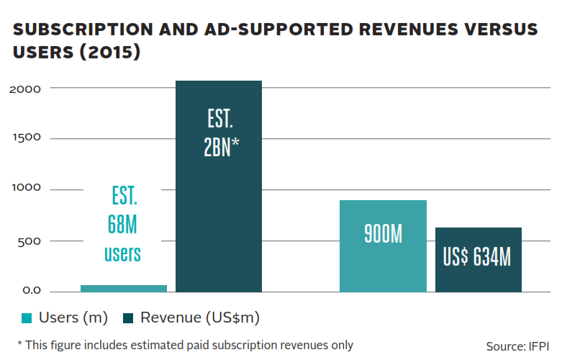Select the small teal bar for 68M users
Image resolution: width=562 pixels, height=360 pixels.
[x=124, y=288]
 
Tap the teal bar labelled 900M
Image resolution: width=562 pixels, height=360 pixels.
[x=383, y=246]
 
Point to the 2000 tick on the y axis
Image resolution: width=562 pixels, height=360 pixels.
[x=26, y=88]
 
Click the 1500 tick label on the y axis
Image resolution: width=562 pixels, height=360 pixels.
[x=26, y=138]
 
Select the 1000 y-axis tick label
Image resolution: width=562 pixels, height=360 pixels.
[x=26, y=189]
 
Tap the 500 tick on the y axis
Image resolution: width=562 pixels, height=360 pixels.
[x=30, y=240]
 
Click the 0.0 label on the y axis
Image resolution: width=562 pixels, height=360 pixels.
[x=30, y=291]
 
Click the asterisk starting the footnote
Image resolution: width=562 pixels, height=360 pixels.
[x=19, y=344]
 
